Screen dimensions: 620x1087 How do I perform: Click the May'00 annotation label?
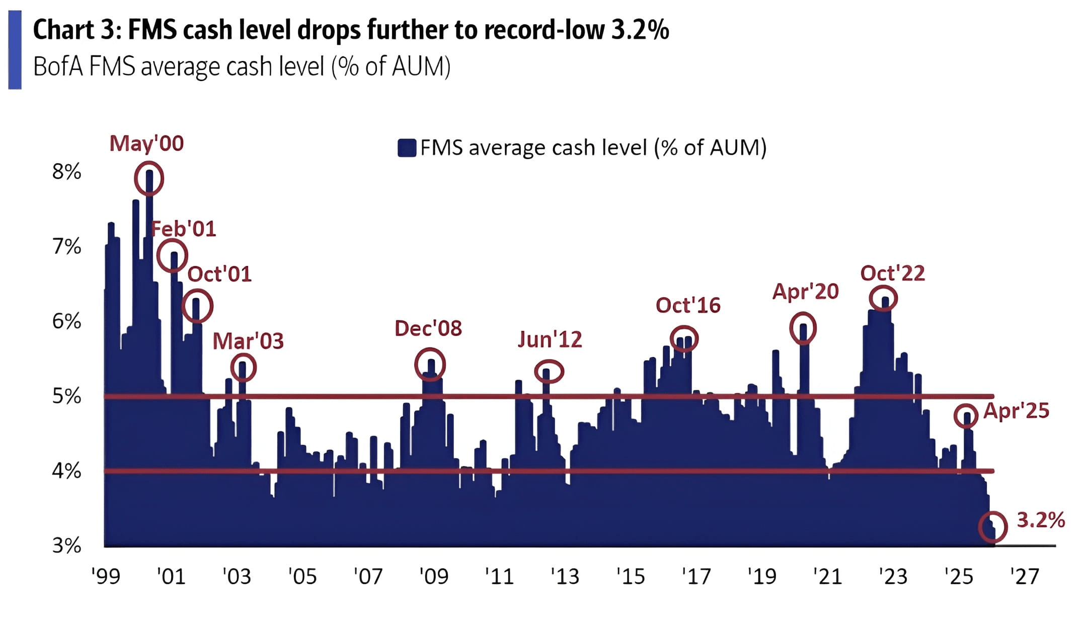click(x=146, y=144)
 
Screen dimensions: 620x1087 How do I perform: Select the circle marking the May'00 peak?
click(x=149, y=178)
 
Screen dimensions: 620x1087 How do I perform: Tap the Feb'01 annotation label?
click(x=184, y=229)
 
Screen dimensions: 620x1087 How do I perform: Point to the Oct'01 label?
click(x=219, y=274)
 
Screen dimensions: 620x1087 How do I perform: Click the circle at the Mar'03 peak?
click(x=244, y=367)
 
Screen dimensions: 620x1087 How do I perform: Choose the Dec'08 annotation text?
click(x=428, y=328)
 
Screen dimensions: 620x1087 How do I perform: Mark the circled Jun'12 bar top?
click(x=549, y=372)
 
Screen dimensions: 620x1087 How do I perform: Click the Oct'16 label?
click(x=688, y=306)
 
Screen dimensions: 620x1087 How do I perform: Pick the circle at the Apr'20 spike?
click(x=803, y=328)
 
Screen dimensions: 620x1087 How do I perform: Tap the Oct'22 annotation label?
click(x=893, y=273)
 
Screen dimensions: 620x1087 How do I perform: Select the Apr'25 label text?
click(x=1016, y=411)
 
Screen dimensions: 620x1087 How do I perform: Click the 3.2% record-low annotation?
click(x=1041, y=520)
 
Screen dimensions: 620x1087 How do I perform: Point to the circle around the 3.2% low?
click(x=993, y=527)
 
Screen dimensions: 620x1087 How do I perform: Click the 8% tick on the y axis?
click(x=66, y=172)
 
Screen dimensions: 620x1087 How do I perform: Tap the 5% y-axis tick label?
click(x=66, y=396)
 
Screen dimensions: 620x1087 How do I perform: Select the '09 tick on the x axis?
click(x=433, y=576)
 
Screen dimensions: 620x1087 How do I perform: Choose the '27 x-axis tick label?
click(x=1024, y=576)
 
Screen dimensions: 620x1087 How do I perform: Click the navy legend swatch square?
click(x=407, y=148)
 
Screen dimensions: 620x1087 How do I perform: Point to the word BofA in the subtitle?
click(x=58, y=67)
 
